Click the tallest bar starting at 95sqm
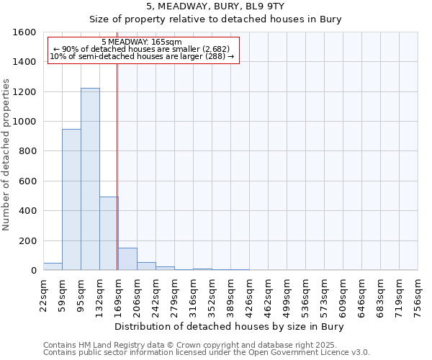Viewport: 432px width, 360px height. (x=90, y=179)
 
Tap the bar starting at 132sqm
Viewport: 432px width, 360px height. (x=109, y=233)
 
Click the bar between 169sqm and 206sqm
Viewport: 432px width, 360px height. (x=127, y=259)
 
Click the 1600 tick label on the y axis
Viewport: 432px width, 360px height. (x=24, y=32)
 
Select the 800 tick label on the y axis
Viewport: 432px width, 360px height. (x=27, y=151)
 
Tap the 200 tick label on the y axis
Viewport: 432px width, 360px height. (x=27, y=240)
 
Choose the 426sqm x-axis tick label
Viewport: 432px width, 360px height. (x=250, y=295)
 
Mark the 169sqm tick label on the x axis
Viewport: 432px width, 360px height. (x=119, y=295)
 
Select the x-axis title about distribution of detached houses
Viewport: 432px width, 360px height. (x=230, y=326)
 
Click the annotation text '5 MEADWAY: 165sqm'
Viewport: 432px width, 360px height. (x=142, y=42)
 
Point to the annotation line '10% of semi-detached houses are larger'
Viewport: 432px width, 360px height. (x=142, y=56)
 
